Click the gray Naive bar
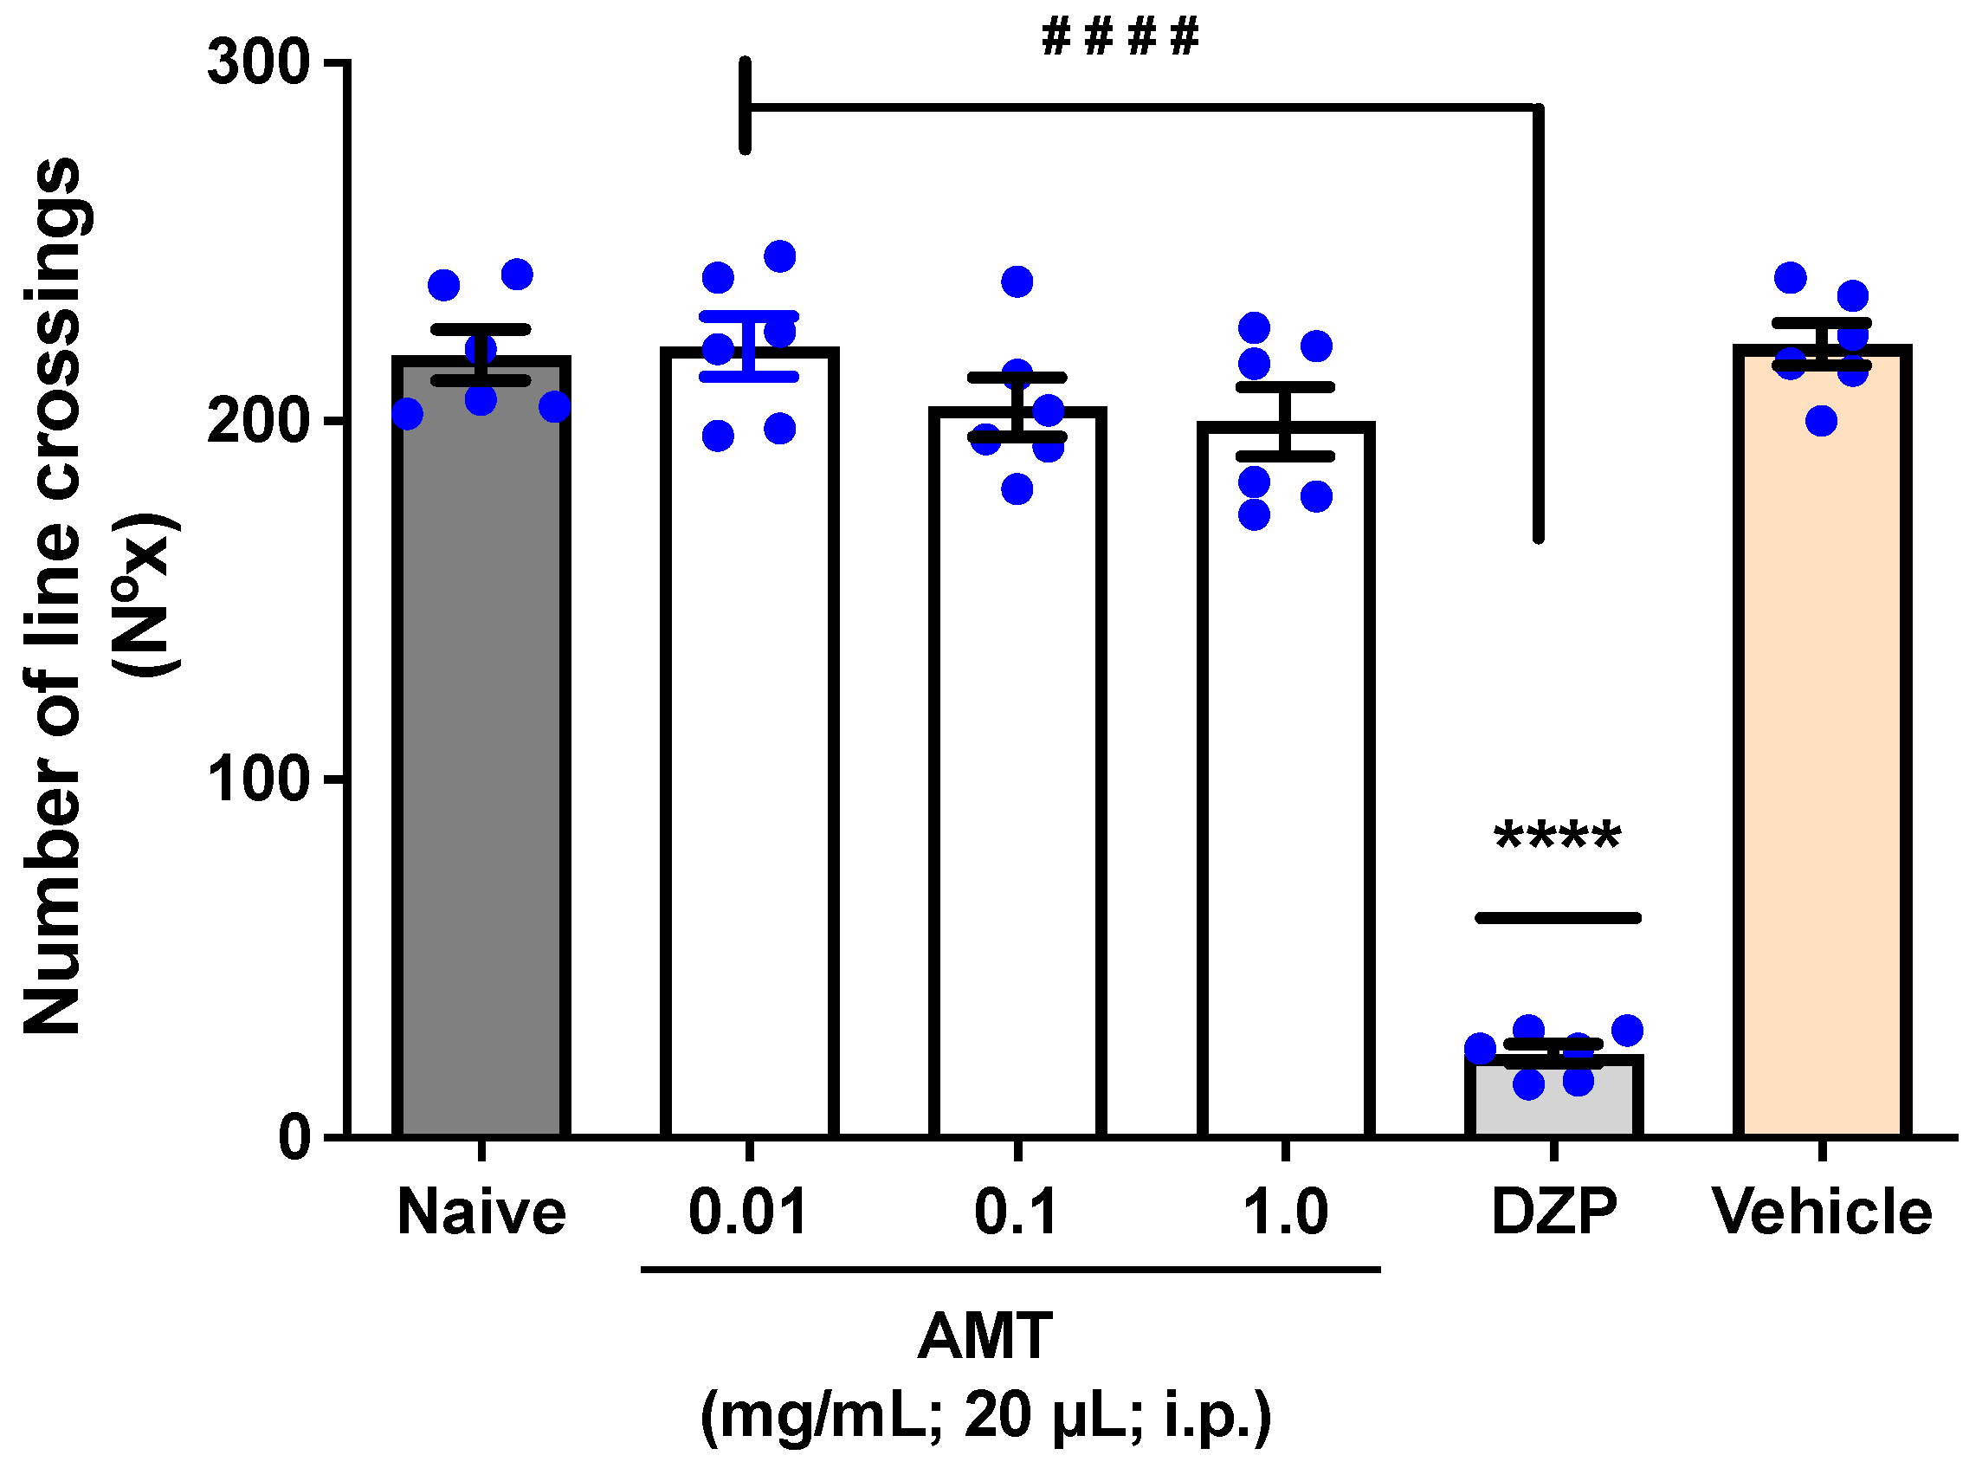[481, 755]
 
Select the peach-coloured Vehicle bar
[1821, 755]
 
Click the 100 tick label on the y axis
[258, 779]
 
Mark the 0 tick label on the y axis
[294, 1137]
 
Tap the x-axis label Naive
[481, 1213]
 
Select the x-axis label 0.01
[748, 1213]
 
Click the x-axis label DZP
[1553, 1213]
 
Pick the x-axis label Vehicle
[1821, 1213]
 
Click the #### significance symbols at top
[1120, 37]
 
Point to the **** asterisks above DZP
[1557, 838]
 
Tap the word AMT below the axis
[985, 1337]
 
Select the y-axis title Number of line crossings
[54, 595]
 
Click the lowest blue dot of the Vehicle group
[1821, 420]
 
